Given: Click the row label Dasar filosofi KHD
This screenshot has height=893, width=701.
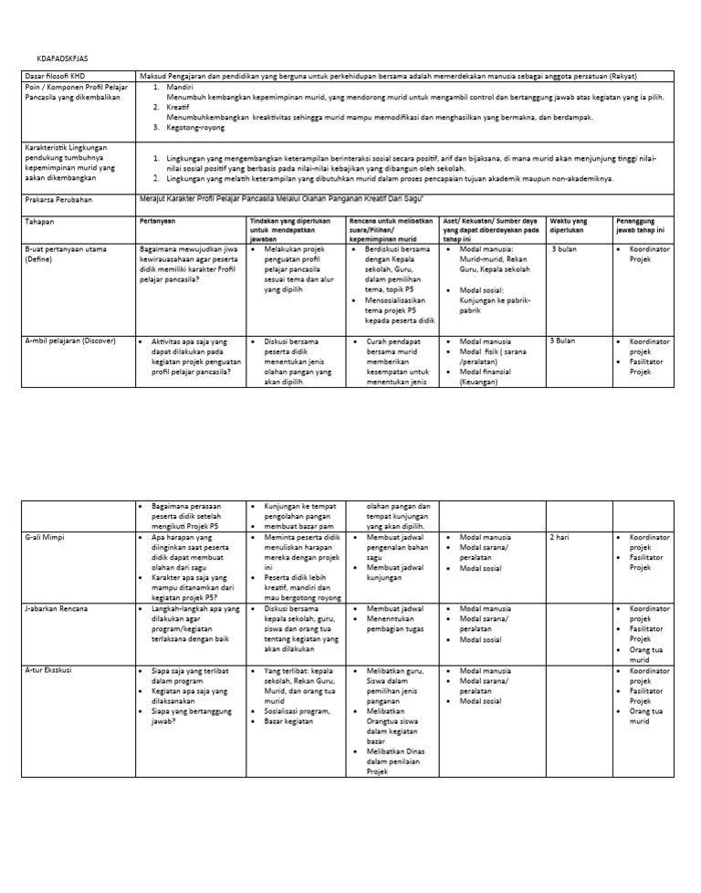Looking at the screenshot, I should pyautogui.click(x=56, y=75).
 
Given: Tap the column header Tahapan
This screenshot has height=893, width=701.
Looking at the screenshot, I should pyautogui.click(x=40, y=221).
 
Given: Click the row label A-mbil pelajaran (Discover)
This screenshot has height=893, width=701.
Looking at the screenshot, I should pyautogui.click(x=69, y=341).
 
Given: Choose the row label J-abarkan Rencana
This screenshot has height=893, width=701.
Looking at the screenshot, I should pyautogui.click(x=57, y=608).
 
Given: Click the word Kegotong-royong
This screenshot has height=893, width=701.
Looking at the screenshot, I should pyautogui.click(x=194, y=130).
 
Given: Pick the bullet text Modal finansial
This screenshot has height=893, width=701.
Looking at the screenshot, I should pyautogui.click(x=489, y=372).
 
